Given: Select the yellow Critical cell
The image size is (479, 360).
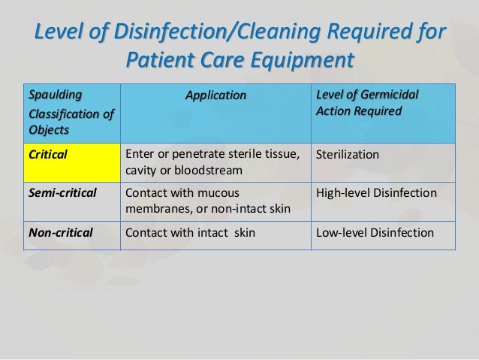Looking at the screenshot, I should pos(73,162).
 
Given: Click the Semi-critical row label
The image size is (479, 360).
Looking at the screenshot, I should pos(62,193).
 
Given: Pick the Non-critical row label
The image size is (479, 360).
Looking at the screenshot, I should pos(61,232).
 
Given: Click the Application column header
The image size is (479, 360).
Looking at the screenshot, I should pos(216,95).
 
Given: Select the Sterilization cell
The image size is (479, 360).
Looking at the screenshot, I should pos(348,155).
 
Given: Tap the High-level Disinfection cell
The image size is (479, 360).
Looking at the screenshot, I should pos(376,193).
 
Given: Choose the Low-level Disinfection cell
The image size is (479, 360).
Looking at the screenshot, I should pos(375,232).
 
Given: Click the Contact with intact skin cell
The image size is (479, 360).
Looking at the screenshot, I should pos(190,232).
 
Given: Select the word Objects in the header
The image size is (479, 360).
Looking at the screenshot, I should pos(47,129).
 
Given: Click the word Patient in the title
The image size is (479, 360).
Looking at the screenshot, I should pos(166,59).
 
